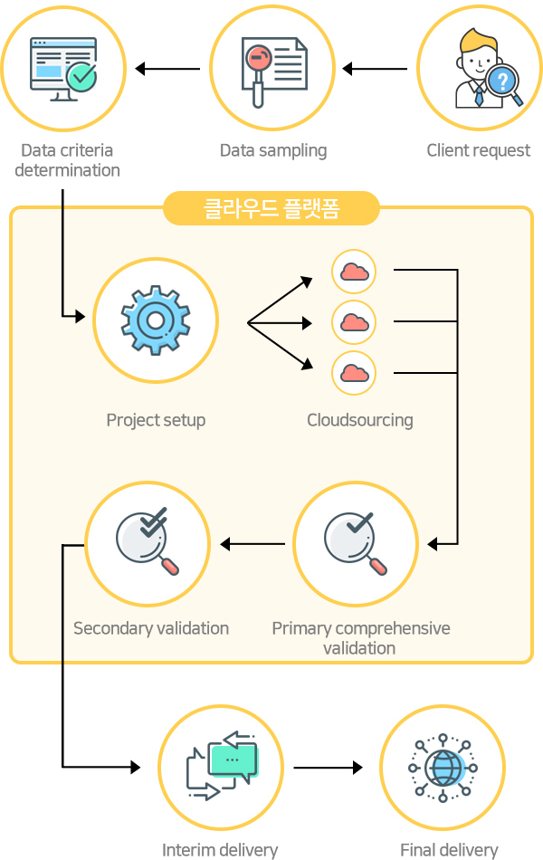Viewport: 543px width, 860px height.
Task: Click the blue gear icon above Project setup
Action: point(156,320)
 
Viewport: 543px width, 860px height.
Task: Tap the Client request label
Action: point(478,150)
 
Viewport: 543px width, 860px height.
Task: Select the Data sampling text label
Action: point(273,151)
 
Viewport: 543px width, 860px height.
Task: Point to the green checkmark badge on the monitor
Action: point(81,77)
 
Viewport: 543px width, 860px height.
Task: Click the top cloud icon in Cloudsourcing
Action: point(355,272)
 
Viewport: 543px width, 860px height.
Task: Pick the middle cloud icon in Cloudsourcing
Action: point(355,322)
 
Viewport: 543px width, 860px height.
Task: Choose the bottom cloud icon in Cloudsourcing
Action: point(355,373)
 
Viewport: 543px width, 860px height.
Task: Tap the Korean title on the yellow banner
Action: point(271,208)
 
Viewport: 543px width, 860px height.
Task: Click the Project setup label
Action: point(156,420)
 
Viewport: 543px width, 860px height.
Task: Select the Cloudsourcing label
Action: point(360,420)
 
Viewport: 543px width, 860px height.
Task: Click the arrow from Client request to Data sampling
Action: point(375,69)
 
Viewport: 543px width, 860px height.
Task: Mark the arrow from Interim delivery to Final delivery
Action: point(328,768)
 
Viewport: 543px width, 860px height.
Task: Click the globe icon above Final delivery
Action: point(443,768)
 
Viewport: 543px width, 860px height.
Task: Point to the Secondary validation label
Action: point(151,628)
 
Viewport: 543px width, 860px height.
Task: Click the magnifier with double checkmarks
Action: point(147,541)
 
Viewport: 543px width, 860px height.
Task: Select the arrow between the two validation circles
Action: point(252,544)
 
